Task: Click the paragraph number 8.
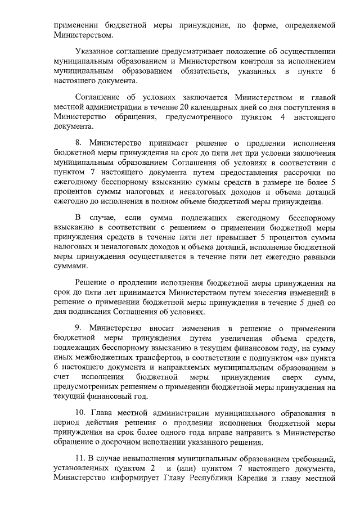point(78,143)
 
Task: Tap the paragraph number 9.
point(78,328)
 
